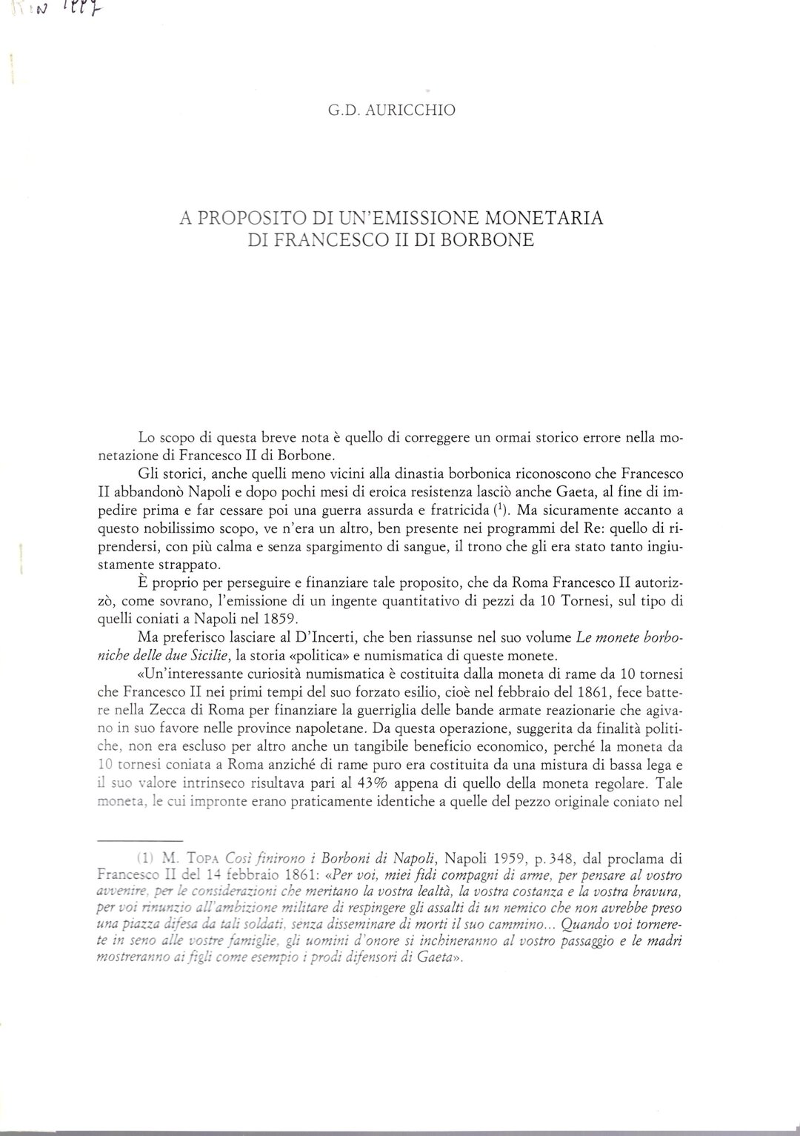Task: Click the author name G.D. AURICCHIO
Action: [x=392, y=110]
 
